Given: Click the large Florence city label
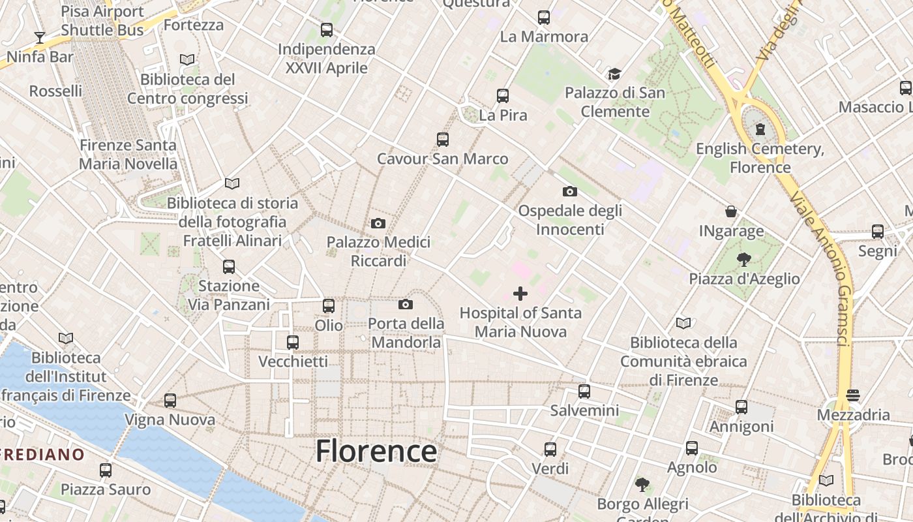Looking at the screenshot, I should click(376, 452).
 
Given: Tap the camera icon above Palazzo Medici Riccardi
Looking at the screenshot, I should click(378, 224).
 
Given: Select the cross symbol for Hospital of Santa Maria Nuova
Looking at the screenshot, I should click(520, 294).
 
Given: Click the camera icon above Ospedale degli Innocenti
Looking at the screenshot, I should click(569, 192).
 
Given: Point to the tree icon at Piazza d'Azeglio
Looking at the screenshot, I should click(743, 260).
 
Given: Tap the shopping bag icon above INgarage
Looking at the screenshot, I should click(731, 212).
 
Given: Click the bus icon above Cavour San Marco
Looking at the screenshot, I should click(443, 140).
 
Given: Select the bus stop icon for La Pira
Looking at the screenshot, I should click(503, 97).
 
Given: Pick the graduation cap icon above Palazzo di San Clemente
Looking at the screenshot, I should click(614, 74).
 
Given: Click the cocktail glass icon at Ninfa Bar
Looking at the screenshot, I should click(40, 38).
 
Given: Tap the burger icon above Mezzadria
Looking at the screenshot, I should click(853, 395).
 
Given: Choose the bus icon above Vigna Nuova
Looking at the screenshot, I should click(170, 401).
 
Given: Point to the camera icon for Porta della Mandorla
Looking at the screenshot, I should click(406, 305).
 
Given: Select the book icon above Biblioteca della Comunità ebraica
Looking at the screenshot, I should click(683, 324).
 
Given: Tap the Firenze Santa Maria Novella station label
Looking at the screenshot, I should click(128, 154).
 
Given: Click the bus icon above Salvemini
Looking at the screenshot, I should click(584, 391).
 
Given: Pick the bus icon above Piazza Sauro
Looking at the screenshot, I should click(106, 470).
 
